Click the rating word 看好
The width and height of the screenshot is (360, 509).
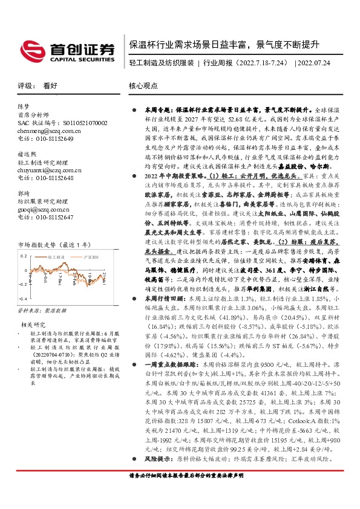click(x=50, y=86)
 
